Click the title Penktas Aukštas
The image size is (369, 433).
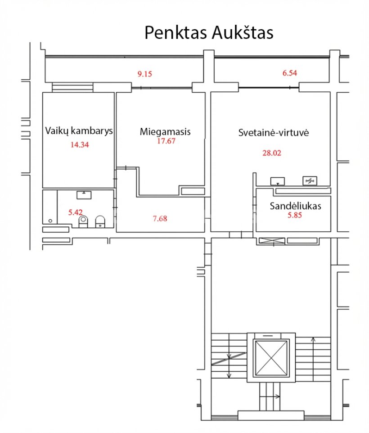click(x=209, y=32)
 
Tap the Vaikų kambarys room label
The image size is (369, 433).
click(x=79, y=131)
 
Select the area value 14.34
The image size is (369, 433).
click(x=80, y=144)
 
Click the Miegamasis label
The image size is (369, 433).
click(x=165, y=131)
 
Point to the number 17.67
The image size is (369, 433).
click(x=166, y=141)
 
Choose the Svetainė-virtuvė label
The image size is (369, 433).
click(x=274, y=132)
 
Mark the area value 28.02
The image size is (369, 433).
click(x=272, y=153)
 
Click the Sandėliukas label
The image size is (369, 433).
click(x=295, y=206)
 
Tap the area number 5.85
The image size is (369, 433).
click(x=295, y=215)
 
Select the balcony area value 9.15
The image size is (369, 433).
click(x=145, y=74)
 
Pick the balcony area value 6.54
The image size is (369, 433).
click(x=290, y=73)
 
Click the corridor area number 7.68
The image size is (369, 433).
click(x=160, y=218)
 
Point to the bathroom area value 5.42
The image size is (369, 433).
click(x=75, y=212)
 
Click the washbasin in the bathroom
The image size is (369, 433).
click(x=84, y=195)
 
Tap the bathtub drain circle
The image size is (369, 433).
click(x=50, y=221)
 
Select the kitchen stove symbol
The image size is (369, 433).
click(x=310, y=181)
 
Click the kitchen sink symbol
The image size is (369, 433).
click(x=277, y=181)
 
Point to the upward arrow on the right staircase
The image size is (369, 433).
click(x=313, y=359)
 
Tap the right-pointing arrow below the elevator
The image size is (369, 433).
click(x=270, y=397)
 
